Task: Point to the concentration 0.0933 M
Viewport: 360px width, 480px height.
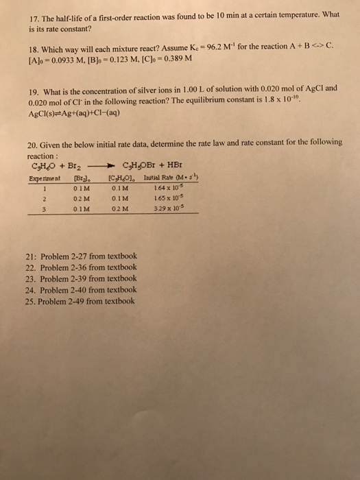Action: (57, 61)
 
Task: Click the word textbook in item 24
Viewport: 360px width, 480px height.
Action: (121, 290)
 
